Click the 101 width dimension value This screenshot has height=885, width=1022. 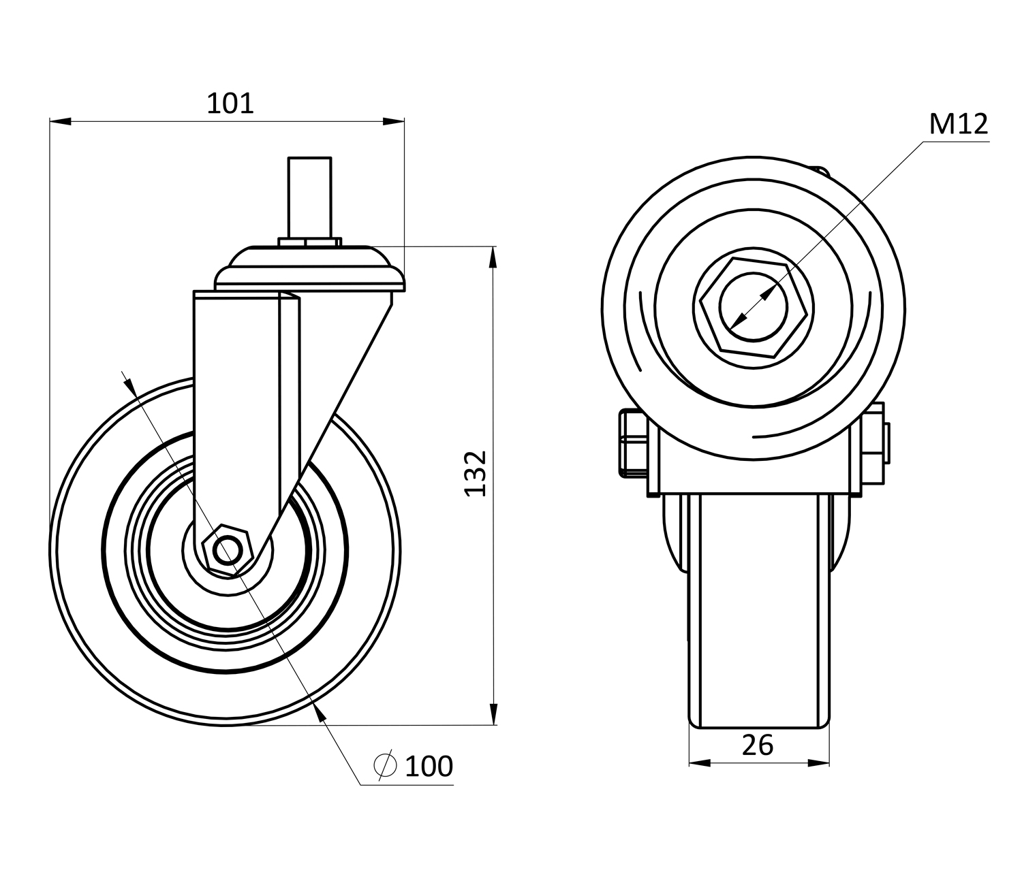(230, 103)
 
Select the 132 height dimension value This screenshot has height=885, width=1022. (476, 473)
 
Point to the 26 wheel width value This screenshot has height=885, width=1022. (757, 745)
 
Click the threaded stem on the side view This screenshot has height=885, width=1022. (309, 197)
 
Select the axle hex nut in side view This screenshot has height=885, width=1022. (228, 550)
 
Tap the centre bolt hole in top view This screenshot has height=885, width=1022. (753, 307)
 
